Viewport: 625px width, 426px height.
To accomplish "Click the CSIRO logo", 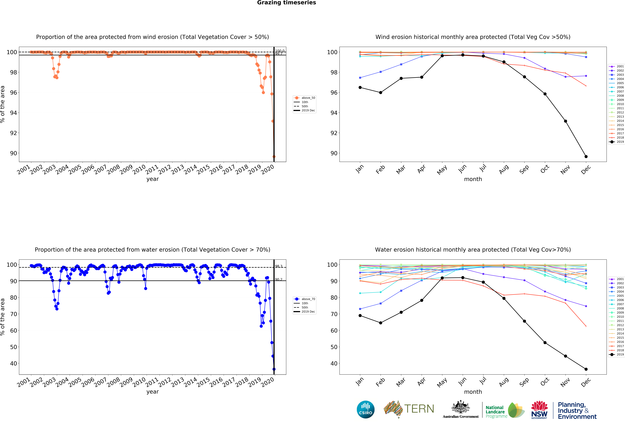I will (x=365, y=410).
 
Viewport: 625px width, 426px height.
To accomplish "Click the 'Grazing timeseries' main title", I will (x=286, y=3).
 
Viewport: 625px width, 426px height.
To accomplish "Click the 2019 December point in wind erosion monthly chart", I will (x=586, y=156).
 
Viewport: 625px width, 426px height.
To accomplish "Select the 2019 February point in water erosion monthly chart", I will (x=381, y=323).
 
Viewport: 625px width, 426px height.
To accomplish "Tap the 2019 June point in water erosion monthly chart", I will (x=463, y=278).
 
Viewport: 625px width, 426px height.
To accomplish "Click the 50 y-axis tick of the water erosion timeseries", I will (x=13, y=347).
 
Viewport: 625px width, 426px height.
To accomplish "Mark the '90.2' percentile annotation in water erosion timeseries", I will (x=279, y=280).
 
